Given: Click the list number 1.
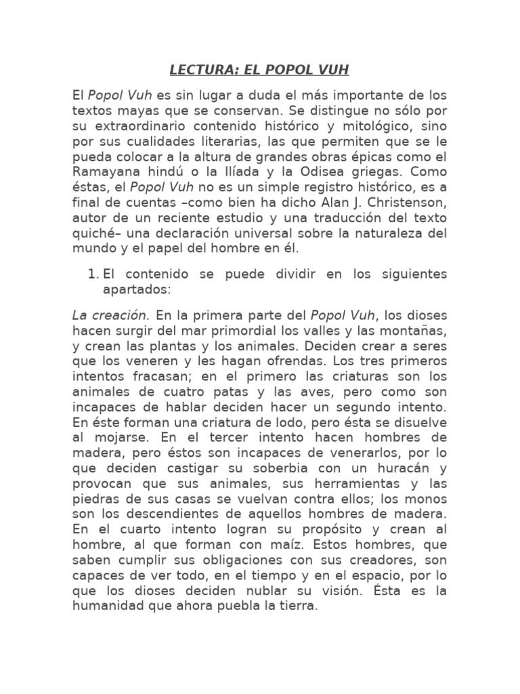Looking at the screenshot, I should pos(93,274).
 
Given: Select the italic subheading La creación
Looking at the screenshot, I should pos(110,315).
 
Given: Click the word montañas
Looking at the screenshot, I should pos(410,330).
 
